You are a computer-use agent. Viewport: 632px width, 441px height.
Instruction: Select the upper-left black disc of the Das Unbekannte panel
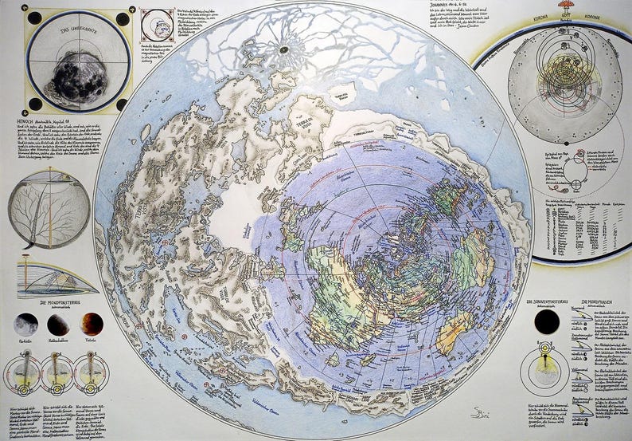click(34, 18)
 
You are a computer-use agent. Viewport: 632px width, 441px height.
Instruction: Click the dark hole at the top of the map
click(283, 49)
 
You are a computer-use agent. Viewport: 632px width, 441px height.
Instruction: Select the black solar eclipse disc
click(547, 322)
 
